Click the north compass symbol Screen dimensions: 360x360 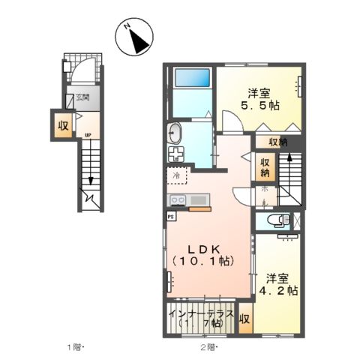pyautogui.click(x=135, y=38)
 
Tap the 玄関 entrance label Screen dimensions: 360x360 pyautogui.click(x=82, y=97)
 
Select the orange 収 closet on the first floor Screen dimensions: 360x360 pyautogui.click(x=63, y=126)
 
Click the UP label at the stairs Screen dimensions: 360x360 pyautogui.click(x=88, y=135)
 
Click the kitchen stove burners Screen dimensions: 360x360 pyautogui.click(x=178, y=200)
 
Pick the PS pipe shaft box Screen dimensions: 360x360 pyautogui.click(x=170, y=214)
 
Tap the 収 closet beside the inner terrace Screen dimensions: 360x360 pyautogui.click(x=244, y=319)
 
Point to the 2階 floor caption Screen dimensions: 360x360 pyautogui.click(x=208, y=347)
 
